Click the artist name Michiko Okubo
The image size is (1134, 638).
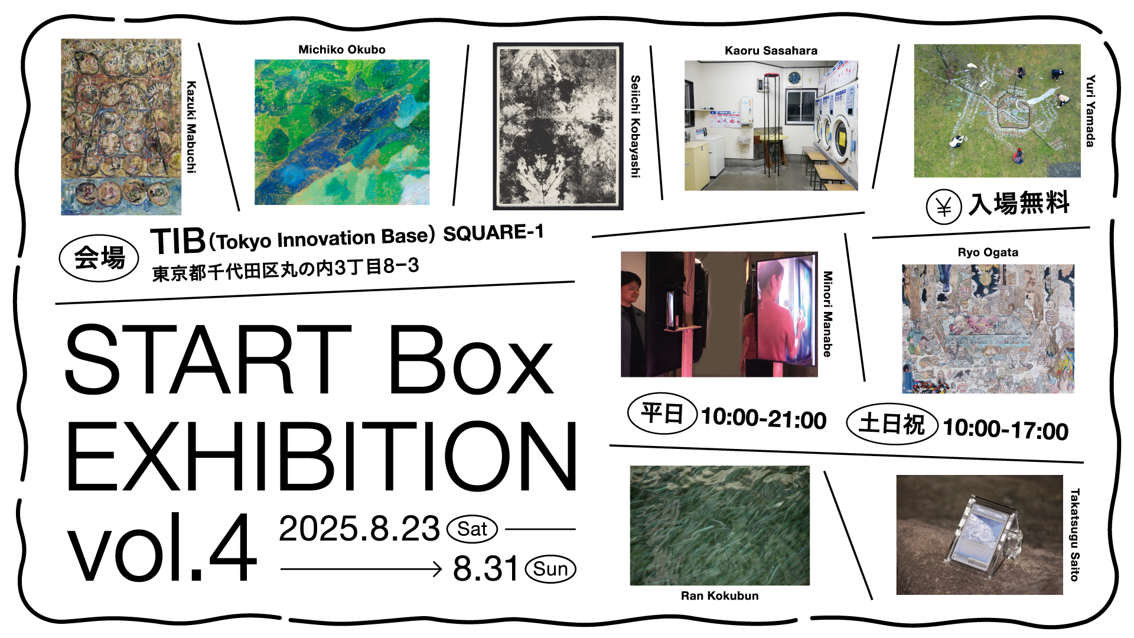[x=342, y=50]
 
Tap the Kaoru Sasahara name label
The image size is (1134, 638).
[x=771, y=51]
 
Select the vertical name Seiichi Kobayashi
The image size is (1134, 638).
[x=636, y=126]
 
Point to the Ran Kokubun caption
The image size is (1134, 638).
[x=719, y=595]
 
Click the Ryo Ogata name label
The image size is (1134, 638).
[x=988, y=252]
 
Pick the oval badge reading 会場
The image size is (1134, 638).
[x=99, y=258]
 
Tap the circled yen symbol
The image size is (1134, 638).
[x=944, y=207]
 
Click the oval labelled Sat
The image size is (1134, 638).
[x=472, y=529]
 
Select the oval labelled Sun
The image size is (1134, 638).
[x=550, y=569]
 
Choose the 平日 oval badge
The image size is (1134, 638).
[x=662, y=414]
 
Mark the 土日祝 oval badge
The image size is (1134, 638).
[x=892, y=424]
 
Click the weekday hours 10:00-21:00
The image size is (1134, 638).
[x=764, y=418]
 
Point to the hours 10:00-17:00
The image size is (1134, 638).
[x=1005, y=429]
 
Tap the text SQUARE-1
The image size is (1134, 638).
[x=493, y=233]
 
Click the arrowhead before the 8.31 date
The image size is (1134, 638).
[x=437, y=569]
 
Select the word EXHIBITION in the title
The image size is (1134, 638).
[x=322, y=456]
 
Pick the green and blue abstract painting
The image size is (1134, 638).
[x=342, y=132]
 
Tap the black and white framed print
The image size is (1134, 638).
[x=558, y=126]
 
